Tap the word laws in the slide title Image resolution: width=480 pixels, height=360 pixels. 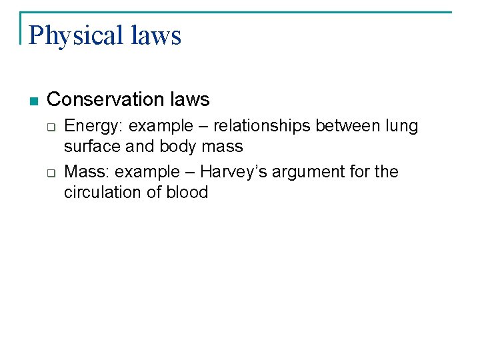157,35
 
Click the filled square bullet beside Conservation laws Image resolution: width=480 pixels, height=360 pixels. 34,101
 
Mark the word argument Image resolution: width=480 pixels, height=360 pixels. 303,173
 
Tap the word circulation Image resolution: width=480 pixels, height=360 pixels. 103,192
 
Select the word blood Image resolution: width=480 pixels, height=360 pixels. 189,192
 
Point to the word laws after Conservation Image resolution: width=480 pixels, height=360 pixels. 190,100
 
